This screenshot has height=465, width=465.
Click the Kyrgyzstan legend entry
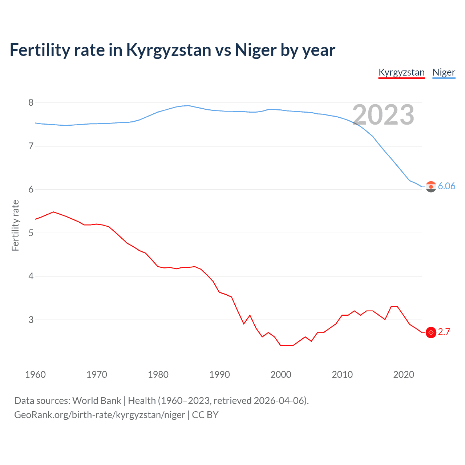coord(401,72)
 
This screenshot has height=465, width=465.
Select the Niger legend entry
coord(444,72)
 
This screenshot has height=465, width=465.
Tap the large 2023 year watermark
coord(383,115)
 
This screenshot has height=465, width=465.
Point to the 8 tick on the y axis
coord(31,103)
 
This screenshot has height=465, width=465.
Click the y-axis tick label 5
coord(31,233)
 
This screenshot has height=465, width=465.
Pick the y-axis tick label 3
coord(31,320)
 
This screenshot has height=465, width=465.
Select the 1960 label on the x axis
coord(35,375)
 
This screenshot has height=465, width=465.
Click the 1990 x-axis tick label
coord(219,375)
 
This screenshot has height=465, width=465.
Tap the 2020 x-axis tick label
coord(404,375)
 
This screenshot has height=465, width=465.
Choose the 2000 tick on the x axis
coord(281,375)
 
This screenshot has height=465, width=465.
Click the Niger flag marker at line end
coord(431,187)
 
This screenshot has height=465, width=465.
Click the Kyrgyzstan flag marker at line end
coord(431,332)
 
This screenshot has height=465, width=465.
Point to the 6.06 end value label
coord(446,186)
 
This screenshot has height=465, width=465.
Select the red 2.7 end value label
coord(444,332)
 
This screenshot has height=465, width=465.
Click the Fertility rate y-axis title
coord(15,225)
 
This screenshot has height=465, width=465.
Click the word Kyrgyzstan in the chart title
coord(168,50)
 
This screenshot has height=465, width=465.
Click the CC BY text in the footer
coord(205,415)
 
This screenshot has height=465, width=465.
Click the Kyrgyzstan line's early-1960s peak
coord(53,212)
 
